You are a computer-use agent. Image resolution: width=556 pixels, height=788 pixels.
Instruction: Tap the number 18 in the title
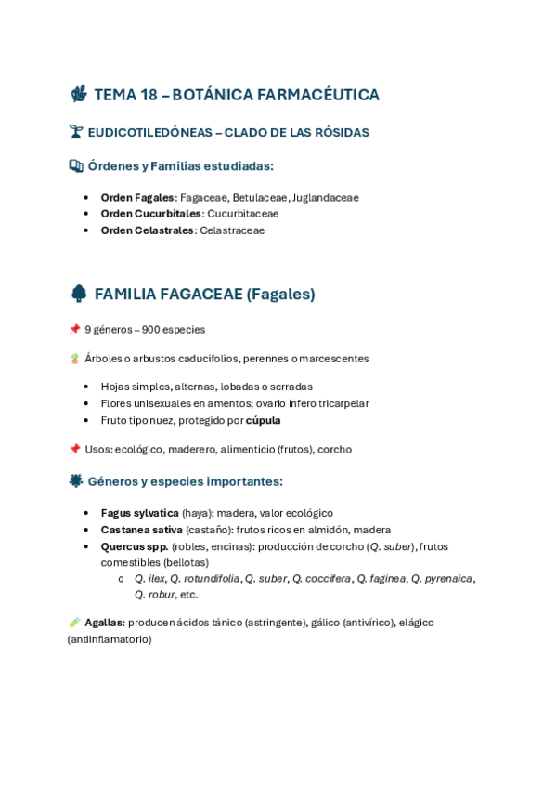click(149, 95)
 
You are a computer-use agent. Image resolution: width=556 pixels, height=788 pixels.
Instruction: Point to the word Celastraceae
click(232, 230)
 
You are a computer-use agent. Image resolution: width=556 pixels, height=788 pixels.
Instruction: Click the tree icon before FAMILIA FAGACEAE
click(79, 294)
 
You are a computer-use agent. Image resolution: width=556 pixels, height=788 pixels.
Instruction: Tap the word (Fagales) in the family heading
click(280, 295)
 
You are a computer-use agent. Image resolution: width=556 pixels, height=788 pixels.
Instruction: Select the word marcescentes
click(334, 359)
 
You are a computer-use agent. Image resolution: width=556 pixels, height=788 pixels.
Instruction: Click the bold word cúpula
click(263, 420)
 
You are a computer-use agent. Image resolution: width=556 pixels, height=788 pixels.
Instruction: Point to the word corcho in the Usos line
click(334, 450)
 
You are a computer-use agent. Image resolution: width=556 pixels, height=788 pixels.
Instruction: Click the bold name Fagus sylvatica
click(139, 513)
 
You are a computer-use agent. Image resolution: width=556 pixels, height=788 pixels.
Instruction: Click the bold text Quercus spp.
click(135, 546)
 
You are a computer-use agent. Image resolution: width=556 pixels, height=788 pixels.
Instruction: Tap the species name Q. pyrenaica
click(442, 578)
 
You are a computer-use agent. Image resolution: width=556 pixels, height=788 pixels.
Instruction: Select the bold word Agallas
click(103, 623)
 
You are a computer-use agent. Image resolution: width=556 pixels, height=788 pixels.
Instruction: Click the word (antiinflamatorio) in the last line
click(110, 639)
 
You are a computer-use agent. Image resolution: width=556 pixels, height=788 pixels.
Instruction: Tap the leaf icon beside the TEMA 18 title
click(79, 94)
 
